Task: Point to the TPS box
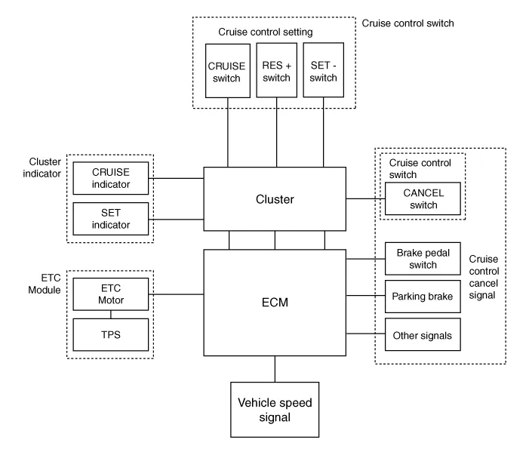pos(112,333)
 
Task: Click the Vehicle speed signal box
pos(275,410)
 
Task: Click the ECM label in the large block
pos(275,302)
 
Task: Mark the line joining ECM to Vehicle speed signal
pos(275,368)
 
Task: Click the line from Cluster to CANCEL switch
pos(364,199)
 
